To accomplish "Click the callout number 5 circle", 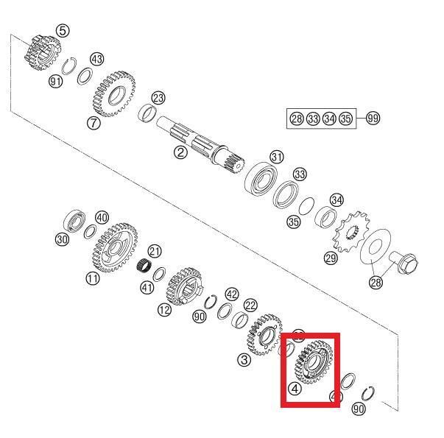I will pos(63,30).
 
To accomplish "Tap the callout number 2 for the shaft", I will pos(179,153).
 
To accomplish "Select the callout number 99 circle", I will pos(373,119).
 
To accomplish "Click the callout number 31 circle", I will pos(276,157).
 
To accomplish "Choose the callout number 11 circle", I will pos(92,279).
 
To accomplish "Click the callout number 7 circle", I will pos(94,123).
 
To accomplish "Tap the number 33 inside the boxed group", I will pos(314,119).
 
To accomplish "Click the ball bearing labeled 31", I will pos(259,178).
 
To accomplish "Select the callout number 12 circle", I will pos(163,310).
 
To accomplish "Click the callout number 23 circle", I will pos(158,98).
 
